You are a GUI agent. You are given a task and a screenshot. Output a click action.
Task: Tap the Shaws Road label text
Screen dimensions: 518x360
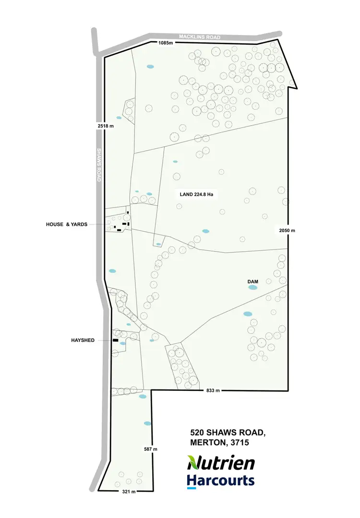click(98, 165)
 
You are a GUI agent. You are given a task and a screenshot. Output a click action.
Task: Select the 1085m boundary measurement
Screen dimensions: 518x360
click(165, 43)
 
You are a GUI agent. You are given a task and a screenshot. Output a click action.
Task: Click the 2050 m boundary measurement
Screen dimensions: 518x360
click(287, 231)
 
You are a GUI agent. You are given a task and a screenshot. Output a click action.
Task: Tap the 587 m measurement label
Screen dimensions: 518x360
click(151, 449)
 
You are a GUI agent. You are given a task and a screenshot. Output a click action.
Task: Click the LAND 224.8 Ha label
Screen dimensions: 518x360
click(196, 194)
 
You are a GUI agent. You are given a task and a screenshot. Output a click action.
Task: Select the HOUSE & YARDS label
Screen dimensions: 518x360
click(67, 224)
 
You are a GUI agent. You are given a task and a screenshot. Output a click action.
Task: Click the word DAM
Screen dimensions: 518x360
click(253, 282)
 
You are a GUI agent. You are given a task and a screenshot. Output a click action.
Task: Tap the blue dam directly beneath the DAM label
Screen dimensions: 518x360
click(252, 288)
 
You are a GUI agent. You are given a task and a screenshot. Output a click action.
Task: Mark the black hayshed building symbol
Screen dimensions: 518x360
click(115, 340)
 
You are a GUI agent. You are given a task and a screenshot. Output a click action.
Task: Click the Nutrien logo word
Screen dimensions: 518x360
click(221, 463)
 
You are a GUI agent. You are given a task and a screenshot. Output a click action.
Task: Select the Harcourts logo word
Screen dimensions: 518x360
click(220, 480)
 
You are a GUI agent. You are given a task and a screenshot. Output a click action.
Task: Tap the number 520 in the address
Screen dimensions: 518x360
click(198, 433)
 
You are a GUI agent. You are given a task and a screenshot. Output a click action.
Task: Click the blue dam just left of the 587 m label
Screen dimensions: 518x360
click(147, 424)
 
